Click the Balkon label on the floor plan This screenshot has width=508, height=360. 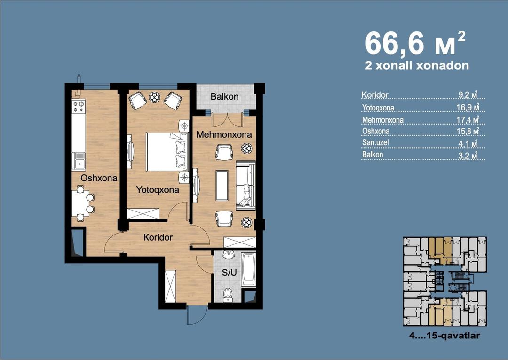(224, 96)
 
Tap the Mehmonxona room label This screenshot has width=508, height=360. (224, 134)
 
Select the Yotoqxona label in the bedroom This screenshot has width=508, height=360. (158, 190)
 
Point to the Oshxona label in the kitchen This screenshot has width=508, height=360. (99, 178)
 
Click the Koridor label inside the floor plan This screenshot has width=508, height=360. (158, 237)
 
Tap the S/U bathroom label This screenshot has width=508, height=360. (229, 273)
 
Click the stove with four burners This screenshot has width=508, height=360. (79, 107)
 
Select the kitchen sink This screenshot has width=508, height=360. (79, 161)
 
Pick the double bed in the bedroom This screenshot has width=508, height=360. (167, 151)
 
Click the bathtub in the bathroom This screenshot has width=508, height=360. (248, 269)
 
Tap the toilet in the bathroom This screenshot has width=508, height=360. (228, 295)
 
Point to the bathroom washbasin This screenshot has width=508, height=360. (230, 255)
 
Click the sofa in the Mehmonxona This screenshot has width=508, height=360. (246, 186)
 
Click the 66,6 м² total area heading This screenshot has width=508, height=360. (415, 43)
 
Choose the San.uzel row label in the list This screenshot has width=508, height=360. (375, 142)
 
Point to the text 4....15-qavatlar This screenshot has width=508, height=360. (444, 336)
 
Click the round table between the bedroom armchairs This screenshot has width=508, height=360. (154, 97)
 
